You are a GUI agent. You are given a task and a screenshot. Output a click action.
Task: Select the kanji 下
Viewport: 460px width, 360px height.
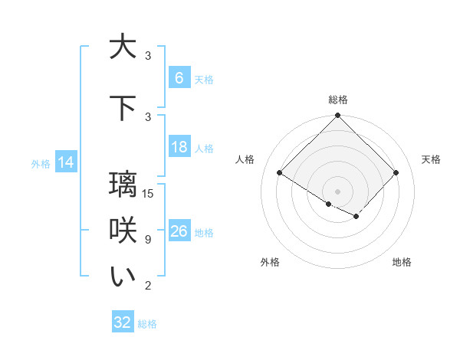(x=123, y=107)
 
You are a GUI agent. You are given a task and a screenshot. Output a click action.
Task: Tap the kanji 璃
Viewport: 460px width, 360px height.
(x=123, y=184)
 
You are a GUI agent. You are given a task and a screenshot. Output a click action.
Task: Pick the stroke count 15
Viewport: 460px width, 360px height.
(x=149, y=193)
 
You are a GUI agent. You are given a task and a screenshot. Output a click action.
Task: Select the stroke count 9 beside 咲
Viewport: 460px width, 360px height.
(x=147, y=240)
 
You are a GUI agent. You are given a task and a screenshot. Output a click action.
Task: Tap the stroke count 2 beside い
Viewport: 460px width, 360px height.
(x=147, y=286)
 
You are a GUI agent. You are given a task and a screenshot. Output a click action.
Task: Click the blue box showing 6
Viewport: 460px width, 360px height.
(x=179, y=78)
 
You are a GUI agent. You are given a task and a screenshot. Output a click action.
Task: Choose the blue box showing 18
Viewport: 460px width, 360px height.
(x=179, y=147)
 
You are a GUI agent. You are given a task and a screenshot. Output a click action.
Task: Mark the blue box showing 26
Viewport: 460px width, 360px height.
(x=179, y=231)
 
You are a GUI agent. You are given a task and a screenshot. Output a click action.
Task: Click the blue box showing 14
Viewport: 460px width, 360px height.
(x=65, y=162)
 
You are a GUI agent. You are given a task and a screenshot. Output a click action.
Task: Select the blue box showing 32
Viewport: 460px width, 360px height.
(x=123, y=322)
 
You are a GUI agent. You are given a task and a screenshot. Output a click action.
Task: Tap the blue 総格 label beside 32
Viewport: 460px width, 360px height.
(x=147, y=324)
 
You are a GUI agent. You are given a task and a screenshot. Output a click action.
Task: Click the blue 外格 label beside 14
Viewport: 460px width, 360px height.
(x=40, y=163)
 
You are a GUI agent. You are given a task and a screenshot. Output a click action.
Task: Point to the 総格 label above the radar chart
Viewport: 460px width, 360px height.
(x=337, y=100)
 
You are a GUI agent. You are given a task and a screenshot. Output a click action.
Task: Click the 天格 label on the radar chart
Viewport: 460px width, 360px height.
(x=432, y=159)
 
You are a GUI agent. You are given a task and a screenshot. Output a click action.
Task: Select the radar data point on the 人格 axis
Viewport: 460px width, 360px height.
(x=280, y=173)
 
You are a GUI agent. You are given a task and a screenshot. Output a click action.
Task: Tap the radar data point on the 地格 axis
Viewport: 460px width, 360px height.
(x=356, y=216)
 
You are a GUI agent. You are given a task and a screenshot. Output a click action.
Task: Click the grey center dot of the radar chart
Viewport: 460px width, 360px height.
(x=337, y=191)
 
